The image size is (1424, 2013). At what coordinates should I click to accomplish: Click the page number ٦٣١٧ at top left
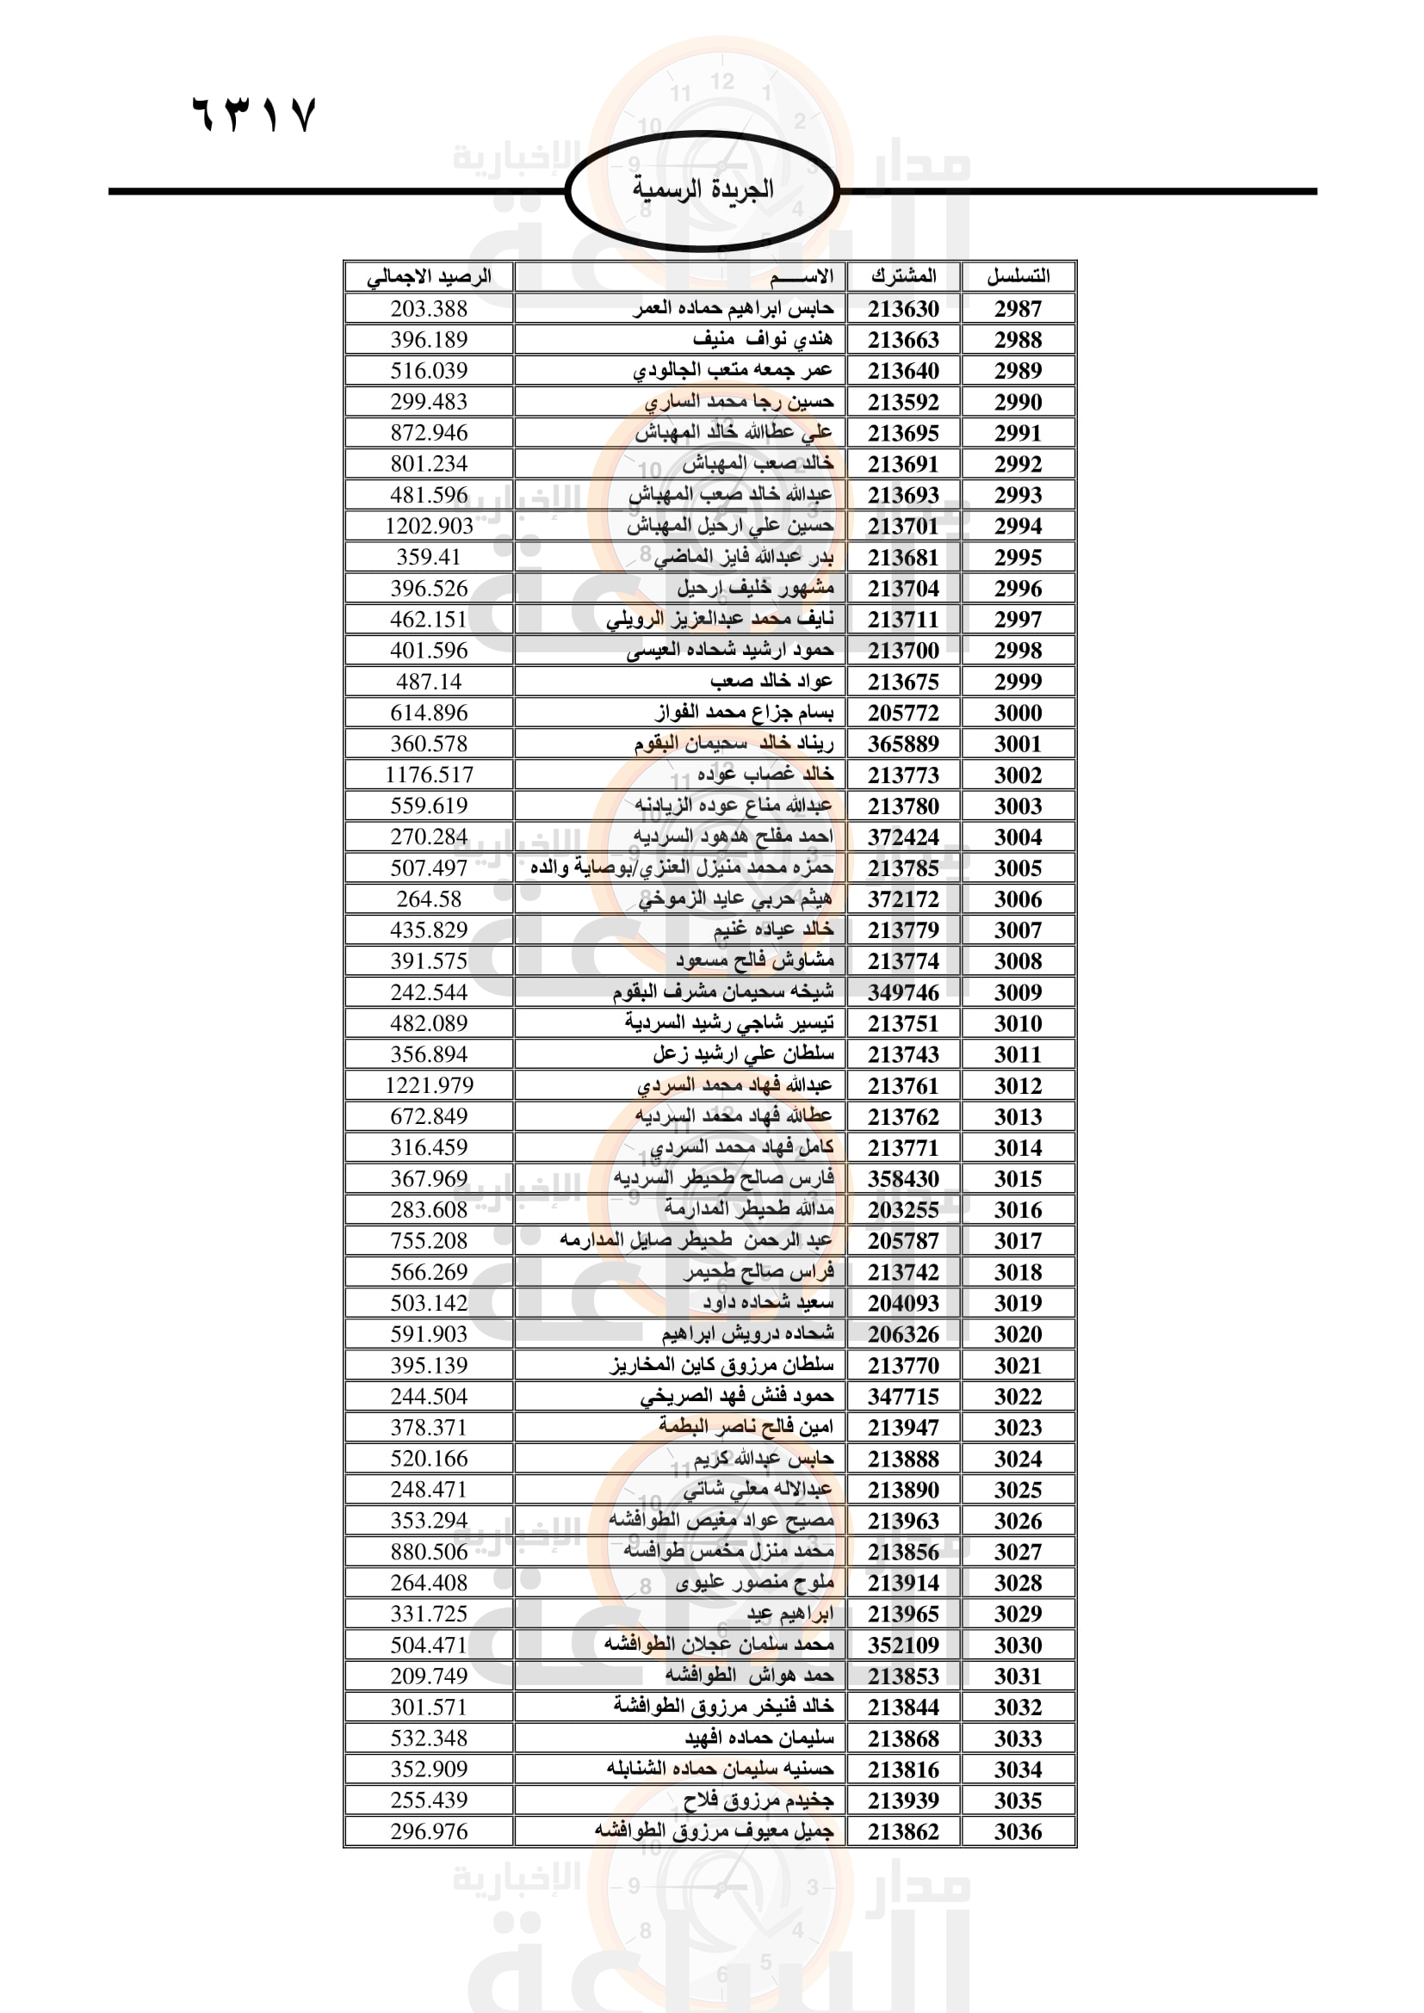253,114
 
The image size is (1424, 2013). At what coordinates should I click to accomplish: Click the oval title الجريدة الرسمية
703,189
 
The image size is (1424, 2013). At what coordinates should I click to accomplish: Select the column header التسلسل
1018,276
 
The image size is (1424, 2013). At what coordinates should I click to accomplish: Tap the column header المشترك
903,276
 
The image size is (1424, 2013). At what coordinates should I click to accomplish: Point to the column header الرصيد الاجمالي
429,277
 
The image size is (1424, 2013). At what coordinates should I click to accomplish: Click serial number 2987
1018,309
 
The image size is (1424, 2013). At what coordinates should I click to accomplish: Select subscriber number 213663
903,340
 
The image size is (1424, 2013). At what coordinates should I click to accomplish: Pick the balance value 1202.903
429,526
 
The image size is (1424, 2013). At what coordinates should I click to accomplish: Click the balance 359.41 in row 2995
429,557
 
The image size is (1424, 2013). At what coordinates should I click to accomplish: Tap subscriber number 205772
903,713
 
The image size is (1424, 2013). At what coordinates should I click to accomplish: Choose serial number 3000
1018,713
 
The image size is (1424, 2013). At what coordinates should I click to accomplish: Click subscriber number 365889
903,744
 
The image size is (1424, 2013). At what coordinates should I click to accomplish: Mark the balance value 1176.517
429,775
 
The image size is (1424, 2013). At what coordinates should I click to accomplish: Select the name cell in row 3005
681,868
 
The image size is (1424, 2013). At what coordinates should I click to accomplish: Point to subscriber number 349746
903,992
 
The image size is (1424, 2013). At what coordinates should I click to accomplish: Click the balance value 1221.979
429,1085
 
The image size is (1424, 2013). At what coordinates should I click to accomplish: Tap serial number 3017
1018,1241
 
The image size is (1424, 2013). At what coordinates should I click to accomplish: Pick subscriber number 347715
903,1397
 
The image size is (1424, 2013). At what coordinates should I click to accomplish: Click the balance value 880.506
429,1552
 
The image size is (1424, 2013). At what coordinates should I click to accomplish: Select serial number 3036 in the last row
1018,1831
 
